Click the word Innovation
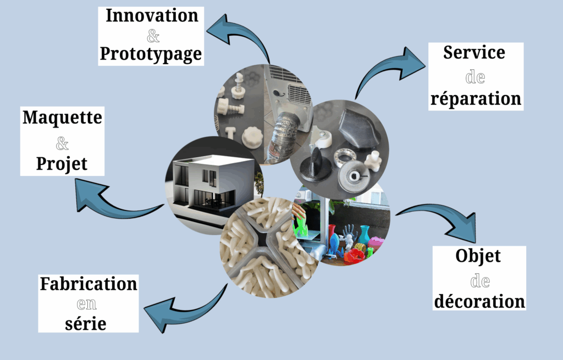[x=152, y=15]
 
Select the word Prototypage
[x=151, y=54]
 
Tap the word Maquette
[x=62, y=118]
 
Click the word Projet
[x=62, y=163]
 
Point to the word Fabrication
[x=89, y=284]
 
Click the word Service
[x=474, y=53]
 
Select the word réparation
[x=476, y=98]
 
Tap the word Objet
[x=478, y=256]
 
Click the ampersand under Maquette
[x=62, y=144]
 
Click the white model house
[x=203, y=181]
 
